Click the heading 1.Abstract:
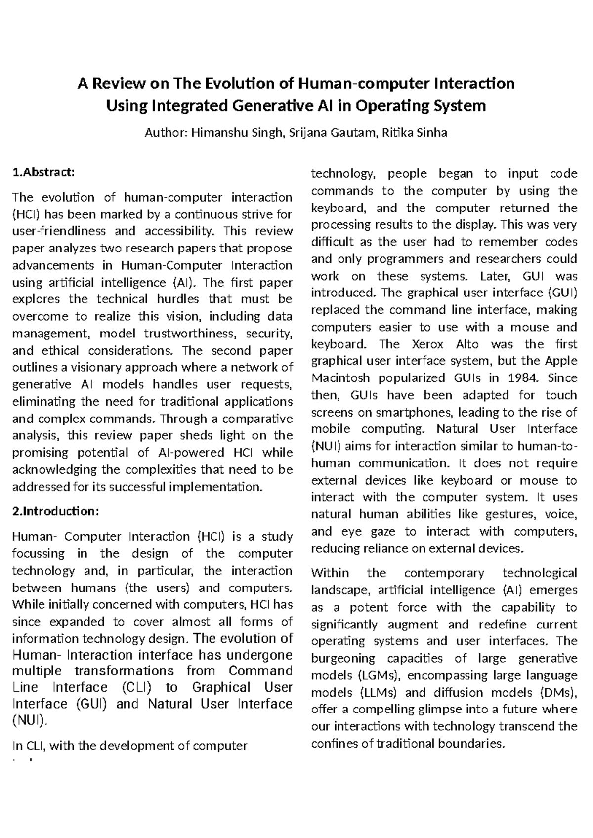coord(43,172)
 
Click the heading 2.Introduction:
coord(55,511)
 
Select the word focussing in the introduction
coord(38,554)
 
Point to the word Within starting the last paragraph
coord(330,573)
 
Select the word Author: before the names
coord(166,133)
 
